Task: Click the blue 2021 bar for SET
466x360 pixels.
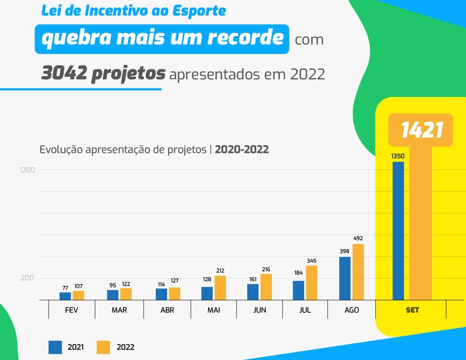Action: click(x=398, y=231)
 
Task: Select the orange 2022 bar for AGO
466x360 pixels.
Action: click(x=358, y=272)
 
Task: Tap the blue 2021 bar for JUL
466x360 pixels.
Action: click(x=299, y=290)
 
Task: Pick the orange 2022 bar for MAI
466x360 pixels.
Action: click(x=220, y=288)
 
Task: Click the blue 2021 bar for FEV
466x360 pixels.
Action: click(x=65, y=296)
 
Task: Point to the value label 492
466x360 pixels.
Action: click(x=358, y=238)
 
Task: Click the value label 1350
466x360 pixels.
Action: click(x=398, y=156)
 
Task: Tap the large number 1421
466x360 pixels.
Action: click(x=422, y=130)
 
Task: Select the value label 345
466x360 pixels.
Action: click(x=312, y=260)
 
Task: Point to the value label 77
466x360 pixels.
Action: click(x=65, y=288)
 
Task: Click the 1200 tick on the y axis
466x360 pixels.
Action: click(x=27, y=170)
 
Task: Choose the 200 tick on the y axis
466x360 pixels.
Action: click(x=27, y=278)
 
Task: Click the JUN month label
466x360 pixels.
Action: click(x=260, y=310)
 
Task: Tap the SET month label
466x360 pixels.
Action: click(x=412, y=310)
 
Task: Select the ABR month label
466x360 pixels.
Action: click(x=167, y=310)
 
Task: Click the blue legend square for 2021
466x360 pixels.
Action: click(x=55, y=347)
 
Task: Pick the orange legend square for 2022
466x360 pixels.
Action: click(x=103, y=347)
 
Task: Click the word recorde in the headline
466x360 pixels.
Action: click(x=246, y=38)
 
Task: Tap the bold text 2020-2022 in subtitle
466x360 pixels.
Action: click(x=242, y=150)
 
